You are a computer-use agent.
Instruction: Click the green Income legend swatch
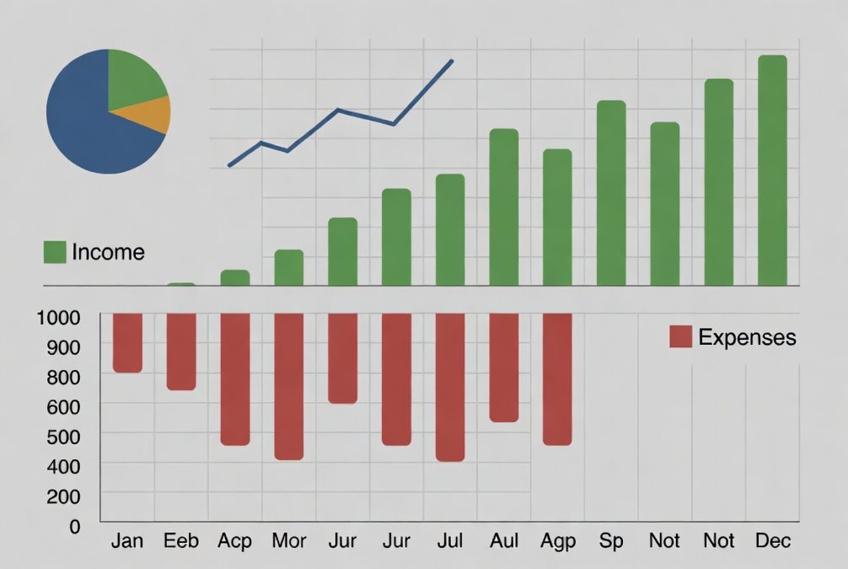pyautogui.click(x=55, y=251)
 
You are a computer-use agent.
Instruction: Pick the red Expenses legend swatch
pyautogui.click(x=680, y=337)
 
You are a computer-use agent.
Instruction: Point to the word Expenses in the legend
pyautogui.click(x=747, y=337)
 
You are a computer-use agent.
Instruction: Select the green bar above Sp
pyautogui.click(x=611, y=193)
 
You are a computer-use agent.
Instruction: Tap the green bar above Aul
pyautogui.click(x=504, y=207)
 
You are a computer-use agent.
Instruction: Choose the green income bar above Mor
pyautogui.click(x=289, y=268)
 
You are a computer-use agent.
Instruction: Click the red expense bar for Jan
pyautogui.click(x=127, y=342)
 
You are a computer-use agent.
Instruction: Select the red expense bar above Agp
pyautogui.click(x=557, y=378)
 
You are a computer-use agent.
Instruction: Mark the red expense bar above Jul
pyautogui.click(x=450, y=387)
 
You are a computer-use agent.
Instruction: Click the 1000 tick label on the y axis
pyautogui.click(x=59, y=317)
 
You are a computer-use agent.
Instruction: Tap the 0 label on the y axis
pyautogui.click(x=74, y=526)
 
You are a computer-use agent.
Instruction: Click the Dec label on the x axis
pyautogui.click(x=772, y=540)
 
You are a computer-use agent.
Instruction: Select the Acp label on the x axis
pyautogui.click(x=234, y=540)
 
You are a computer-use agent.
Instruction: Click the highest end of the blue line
pyautogui.click(x=452, y=61)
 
